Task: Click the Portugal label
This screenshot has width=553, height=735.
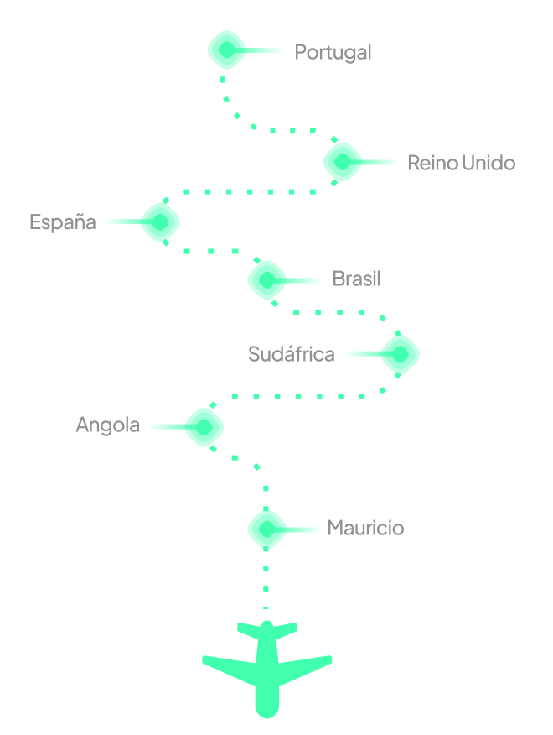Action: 333,52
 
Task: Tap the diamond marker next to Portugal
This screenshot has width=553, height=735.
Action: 227,50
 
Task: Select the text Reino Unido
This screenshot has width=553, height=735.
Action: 461,163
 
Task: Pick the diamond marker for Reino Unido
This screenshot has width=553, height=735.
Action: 344,162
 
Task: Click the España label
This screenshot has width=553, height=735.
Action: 63,222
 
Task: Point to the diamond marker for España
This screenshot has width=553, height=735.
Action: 160,222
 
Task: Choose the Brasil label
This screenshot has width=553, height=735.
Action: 356,279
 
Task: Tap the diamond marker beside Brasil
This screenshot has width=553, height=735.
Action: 267,279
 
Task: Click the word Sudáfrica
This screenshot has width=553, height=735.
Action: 291,354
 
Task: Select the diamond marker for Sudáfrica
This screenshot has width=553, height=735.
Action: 401,354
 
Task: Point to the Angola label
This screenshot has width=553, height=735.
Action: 107,425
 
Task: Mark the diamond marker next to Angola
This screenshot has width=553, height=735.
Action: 204,426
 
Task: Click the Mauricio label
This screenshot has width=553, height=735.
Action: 365,528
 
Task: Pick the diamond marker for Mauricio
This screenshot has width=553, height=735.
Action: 267,529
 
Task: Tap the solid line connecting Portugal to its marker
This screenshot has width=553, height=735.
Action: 265,50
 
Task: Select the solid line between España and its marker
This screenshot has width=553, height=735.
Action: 122,222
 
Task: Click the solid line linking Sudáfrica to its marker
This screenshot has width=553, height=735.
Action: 363,354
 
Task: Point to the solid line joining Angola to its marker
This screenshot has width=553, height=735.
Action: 167,426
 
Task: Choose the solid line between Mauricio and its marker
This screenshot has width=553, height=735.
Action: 304,529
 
